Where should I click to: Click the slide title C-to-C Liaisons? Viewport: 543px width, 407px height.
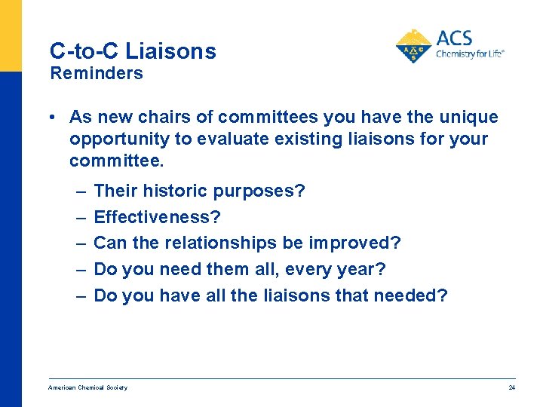pyautogui.click(x=133, y=51)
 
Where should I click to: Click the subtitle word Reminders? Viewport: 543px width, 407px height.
pyautogui.click(x=96, y=73)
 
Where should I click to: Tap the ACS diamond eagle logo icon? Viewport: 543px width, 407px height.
pyautogui.click(x=413, y=46)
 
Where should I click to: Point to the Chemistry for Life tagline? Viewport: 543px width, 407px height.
pyautogui.click(x=470, y=54)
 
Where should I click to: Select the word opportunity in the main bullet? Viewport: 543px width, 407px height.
pyautogui.click(x=114, y=139)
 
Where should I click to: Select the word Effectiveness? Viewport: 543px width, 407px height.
pyautogui.click(x=157, y=217)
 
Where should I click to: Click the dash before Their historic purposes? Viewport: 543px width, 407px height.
pyautogui.click(x=80, y=191)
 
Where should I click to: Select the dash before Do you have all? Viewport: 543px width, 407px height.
pyautogui.click(x=80, y=295)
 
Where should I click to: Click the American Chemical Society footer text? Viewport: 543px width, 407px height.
pyautogui.click(x=87, y=387)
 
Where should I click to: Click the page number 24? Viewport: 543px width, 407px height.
pyautogui.click(x=511, y=387)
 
